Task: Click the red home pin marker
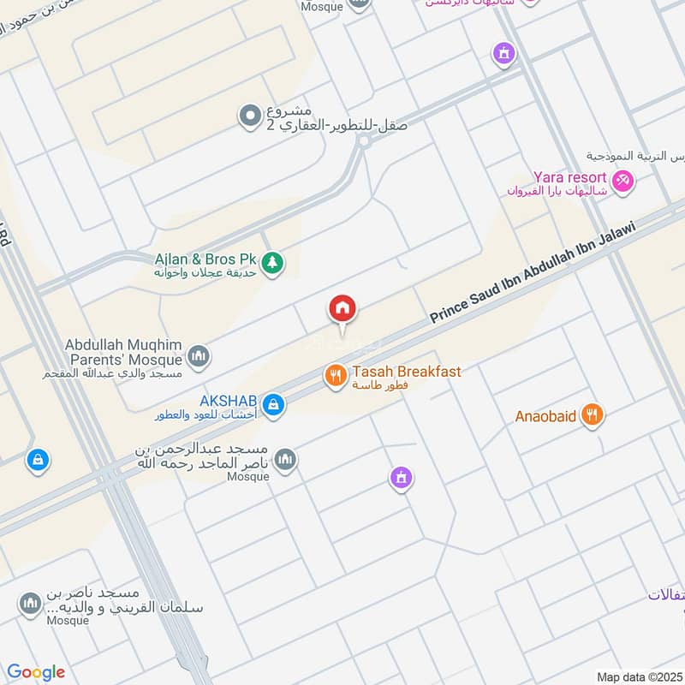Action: [x=342, y=309]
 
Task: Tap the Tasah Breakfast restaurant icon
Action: [x=334, y=374]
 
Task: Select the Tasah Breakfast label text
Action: [x=406, y=372]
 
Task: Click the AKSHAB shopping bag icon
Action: [x=273, y=404]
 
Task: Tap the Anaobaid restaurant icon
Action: [x=591, y=416]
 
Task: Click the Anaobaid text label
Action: [x=545, y=417]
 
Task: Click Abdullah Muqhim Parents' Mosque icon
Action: [x=199, y=355]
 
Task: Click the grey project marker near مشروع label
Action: [x=250, y=114]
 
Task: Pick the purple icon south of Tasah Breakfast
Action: [x=401, y=478]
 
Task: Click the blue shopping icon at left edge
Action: [x=36, y=461]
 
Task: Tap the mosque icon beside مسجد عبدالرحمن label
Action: [x=285, y=460]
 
